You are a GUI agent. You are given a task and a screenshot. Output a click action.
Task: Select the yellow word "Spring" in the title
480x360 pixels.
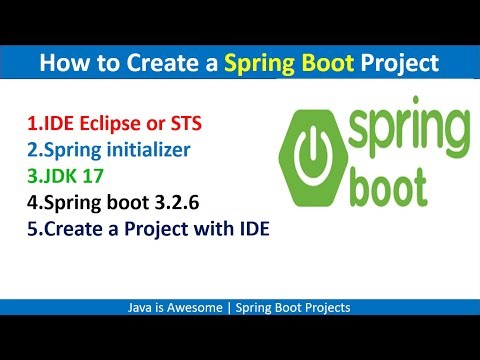[x=259, y=64]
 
